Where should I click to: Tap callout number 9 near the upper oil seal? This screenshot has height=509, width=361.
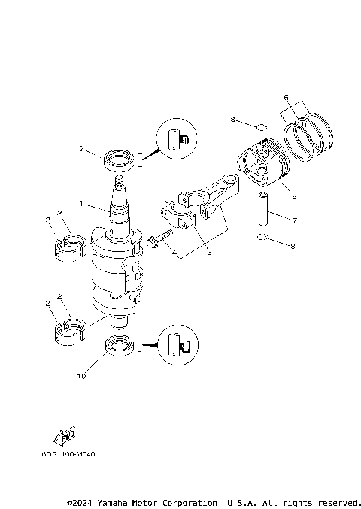click(82, 149)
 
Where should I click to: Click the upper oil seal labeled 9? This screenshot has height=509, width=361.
click(120, 159)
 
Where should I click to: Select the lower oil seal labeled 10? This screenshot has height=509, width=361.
click(120, 347)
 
